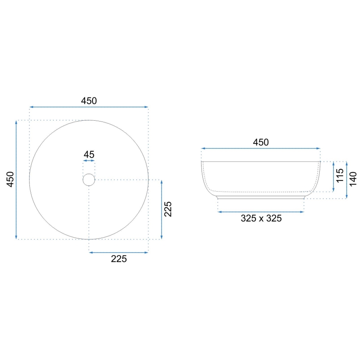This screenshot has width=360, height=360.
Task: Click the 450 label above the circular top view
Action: pyautogui.click(x=89, y=100)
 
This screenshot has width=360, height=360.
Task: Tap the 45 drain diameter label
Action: pyautogui.click(x=89, y=154)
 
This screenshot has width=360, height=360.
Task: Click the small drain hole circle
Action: pyautogui.click(x=89, y=180)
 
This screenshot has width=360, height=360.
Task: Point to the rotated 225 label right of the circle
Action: pyautogui.click(x=168, y=209)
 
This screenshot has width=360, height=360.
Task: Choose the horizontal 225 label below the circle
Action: pyautogui.click(x=119, y=259)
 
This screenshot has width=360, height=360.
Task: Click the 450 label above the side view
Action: pyautogui.click(x=260, y=142)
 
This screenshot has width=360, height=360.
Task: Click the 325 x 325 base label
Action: pyautogui.click(x=261, y=219)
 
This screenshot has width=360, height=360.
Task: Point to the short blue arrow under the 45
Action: pyautogui.click(x=89, y=161)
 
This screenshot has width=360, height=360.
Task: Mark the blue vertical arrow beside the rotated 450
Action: pyautogui.click(x=16, y=180)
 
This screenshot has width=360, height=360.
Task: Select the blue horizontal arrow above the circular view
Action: pyautogui.click(x=89, y=107)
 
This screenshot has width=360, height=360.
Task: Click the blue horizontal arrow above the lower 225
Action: pyautogui.click(x=119, y=252)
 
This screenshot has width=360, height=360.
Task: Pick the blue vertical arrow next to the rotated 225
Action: pyautogui.click(x=161, y=209)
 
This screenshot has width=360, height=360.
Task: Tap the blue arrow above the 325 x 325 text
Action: pyautogui.click(x=261, y=212)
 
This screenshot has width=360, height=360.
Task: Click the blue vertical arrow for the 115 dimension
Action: pyautogui.click(x=333, y=177)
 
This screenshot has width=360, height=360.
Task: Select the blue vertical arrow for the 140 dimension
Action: pyautogui.click(x=347, y=180)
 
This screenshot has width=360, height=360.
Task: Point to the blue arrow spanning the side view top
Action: pyautogui.click(x=261, y=148)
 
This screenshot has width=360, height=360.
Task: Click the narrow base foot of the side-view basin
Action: pyautogui.click(x=261, y=197)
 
